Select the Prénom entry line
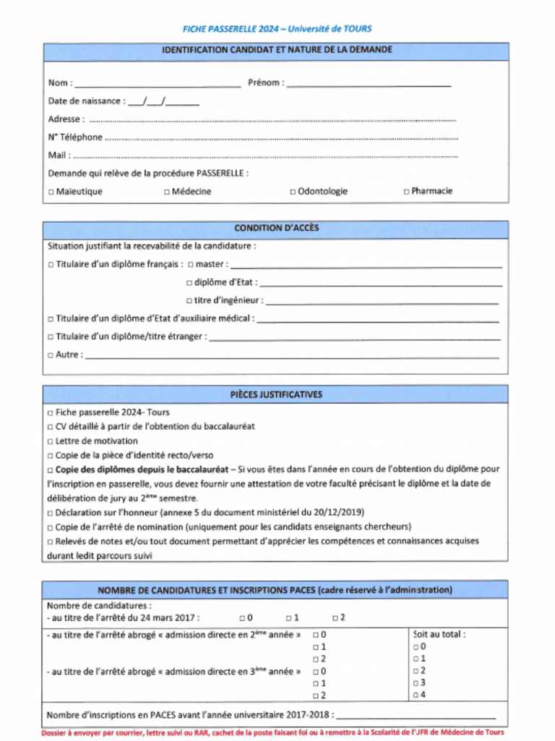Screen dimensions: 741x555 pos(369,83)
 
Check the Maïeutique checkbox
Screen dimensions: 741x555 pos(51,192)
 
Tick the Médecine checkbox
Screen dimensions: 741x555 pos(167,192)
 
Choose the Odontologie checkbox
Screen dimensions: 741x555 pos(293,192)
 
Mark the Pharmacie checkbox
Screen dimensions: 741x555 pos(406,192)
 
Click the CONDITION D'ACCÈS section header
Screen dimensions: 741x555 pos(276,228)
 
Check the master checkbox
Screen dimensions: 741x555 pos(190,265)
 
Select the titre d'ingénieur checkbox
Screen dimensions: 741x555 pos(189,301)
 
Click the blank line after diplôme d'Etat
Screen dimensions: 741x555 pos(379,283)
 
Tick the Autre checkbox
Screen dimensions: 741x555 pos(51,355)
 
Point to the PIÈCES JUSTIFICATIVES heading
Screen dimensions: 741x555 pos(276,394)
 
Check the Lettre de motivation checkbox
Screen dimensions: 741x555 pos(51,441)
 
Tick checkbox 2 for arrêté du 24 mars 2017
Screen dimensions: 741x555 pos(335,618)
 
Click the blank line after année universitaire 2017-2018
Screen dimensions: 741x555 pos(416,715)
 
